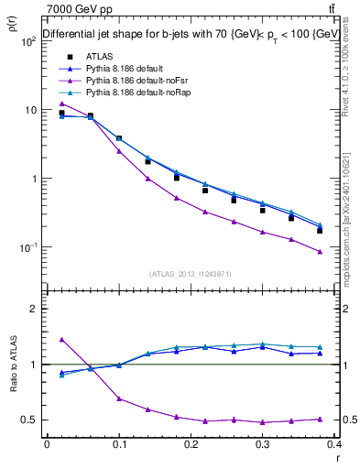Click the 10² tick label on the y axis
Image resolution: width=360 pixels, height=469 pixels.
(27, 41)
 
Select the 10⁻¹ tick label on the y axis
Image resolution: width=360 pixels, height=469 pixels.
(27, 247)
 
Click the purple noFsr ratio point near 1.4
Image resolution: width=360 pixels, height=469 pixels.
(61, 339)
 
